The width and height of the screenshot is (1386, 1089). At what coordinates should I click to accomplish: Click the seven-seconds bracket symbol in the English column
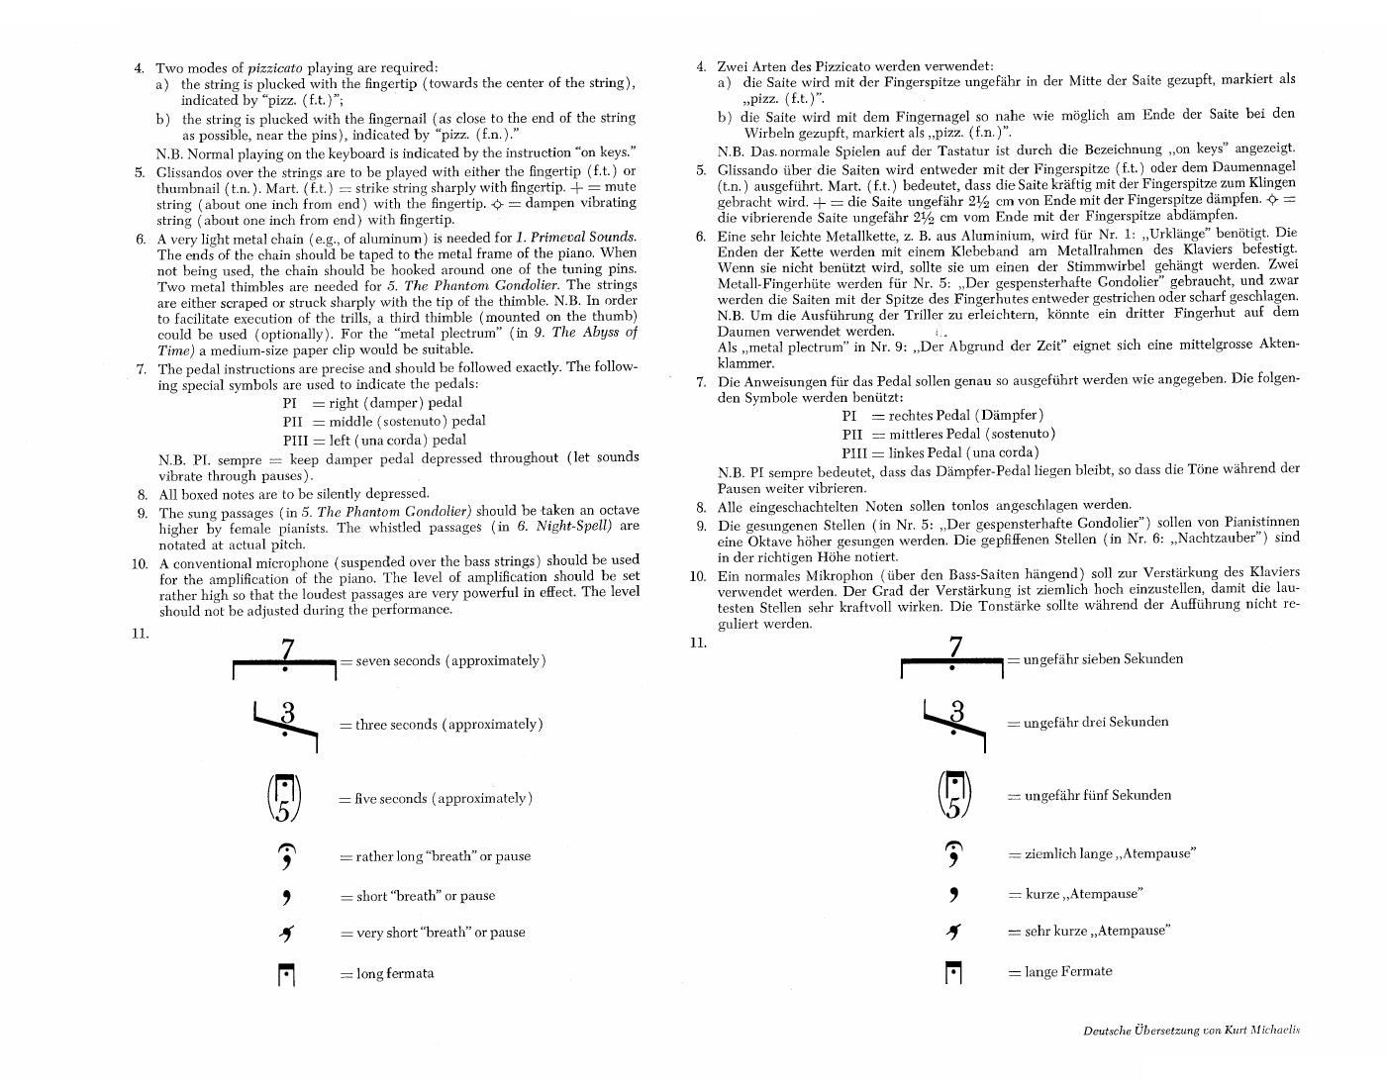[285, 660]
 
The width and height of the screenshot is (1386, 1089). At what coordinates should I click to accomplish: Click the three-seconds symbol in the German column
[954, 722]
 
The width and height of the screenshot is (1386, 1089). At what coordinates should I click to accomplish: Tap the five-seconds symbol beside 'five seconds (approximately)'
[285, 798]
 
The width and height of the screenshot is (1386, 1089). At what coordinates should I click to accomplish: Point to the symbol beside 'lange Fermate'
[953, 973]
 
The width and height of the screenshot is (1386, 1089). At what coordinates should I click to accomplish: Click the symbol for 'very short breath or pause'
[286, 933]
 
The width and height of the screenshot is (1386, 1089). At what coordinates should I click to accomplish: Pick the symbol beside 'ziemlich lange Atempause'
[953, 853]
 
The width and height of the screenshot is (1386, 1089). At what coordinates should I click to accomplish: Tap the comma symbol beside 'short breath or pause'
[286, 897]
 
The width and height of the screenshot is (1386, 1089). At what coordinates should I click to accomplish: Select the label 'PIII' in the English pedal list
[296, 440]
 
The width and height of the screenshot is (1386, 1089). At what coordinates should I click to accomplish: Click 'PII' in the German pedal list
[852, 434]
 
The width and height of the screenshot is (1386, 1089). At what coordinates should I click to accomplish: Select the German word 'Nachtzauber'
[1209, 538]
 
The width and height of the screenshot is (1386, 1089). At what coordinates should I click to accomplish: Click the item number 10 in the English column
[139, 563]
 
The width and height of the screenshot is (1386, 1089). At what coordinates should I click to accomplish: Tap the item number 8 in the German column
[700, 505]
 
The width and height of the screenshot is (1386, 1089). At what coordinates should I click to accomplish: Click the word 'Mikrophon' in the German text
[843, 572]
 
